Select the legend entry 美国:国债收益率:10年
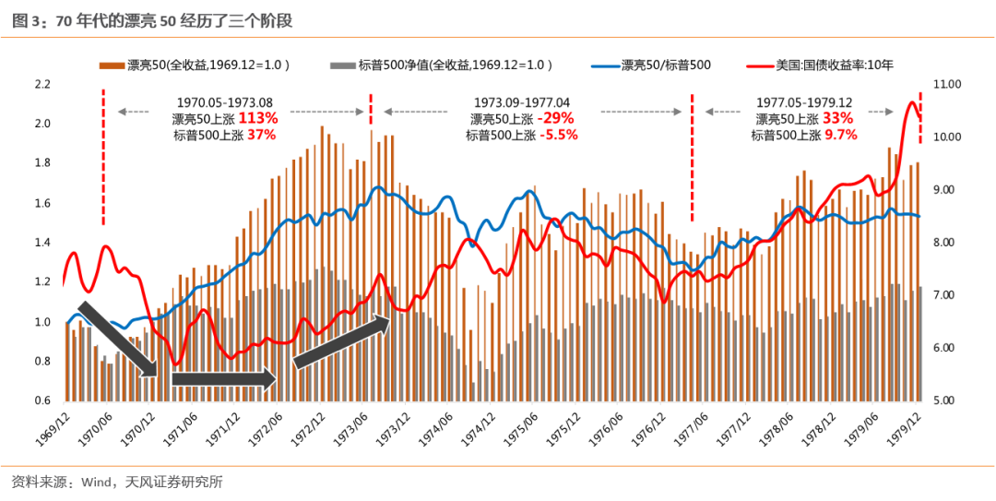pyautogui.click(x=834, y=66)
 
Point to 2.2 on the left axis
pyautogui.click(x=41, y=84)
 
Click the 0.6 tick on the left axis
pyautogui.click(x=41, y=401)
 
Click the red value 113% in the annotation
pyautogui.click(x=258, y=118)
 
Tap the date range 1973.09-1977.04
pyautogui.click(x=522, y=102)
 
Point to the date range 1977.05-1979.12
pyautogui.click(x=803, y=102)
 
